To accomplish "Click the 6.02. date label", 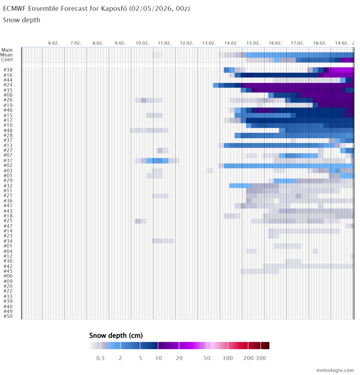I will [x=53, y=43].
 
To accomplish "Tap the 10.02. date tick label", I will [x=142, y=43].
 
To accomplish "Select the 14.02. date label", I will [x=231, y=43].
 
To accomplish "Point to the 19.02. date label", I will [x=341, y=43].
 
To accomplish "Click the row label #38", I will [x=8, y=70].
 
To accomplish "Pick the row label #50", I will [x=8, y=316].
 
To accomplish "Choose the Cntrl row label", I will [x=7, y=60].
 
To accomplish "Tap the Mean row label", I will [x=7, y=55].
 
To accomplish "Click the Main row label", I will [x=7, y=50].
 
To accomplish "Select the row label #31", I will [x=8, y=161].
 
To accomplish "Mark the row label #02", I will [x=8, y=166].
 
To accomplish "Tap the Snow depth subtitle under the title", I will [x=21, y=20].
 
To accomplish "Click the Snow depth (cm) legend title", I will [x=116, y=335].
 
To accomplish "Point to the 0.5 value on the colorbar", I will [x=100, y=358].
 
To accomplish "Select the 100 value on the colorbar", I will [x=227, y=358].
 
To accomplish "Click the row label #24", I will [x=8, y=85].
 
